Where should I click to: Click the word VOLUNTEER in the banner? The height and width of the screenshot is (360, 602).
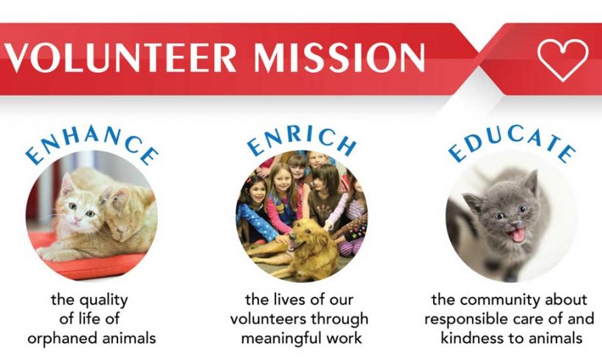120,57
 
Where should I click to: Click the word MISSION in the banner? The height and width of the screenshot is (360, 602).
339,57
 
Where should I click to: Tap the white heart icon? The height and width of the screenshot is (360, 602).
562,60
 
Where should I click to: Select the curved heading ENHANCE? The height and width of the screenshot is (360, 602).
93,144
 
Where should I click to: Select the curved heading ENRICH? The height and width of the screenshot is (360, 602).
302,140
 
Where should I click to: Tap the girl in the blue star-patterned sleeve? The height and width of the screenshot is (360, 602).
255,207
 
